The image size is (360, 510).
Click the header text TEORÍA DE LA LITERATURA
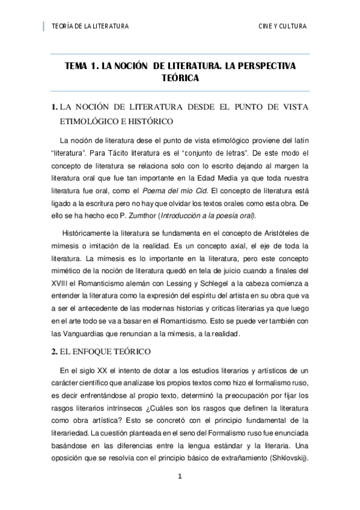click(x=90, y=26)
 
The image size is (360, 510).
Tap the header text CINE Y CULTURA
click(x=282, y=26)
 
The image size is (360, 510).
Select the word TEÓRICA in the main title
click(x=180, y=78)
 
